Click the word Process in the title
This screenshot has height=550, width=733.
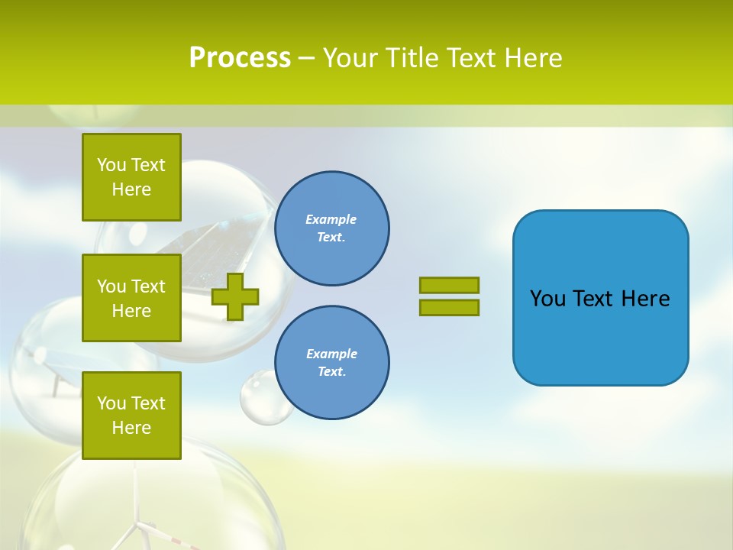pyautogui.click(x=240, y=58)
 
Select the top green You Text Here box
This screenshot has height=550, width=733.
pyautogui.click(x=131, y=177)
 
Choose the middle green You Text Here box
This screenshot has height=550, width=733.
pyautogui.click(x=131, y=298)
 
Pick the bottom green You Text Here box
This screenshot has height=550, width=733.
pyautogui.click(x=131, y=415)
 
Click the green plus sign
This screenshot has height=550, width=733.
pyautogui.click(x=235, y=296)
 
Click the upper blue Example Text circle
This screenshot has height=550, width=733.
pyautogui.click(x=331, y=228)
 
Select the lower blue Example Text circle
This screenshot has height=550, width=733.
pyautogui.click(x=331, y=363)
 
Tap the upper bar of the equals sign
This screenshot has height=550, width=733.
pyautogui.click(x=449, y=285)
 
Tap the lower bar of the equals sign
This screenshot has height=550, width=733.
pyautogui.click(x=449, y=308)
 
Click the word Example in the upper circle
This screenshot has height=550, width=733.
pyautogui.click(x=331, y=219)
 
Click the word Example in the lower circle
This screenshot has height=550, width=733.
pyautogui.click(x=331, y=354)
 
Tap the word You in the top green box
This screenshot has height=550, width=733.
pyautogui.click(x=111, y=165)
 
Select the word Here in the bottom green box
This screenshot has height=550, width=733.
pyautogui.click(x=131, y=428)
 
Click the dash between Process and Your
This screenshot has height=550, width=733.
pyautogui.click(x=306, y=58)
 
